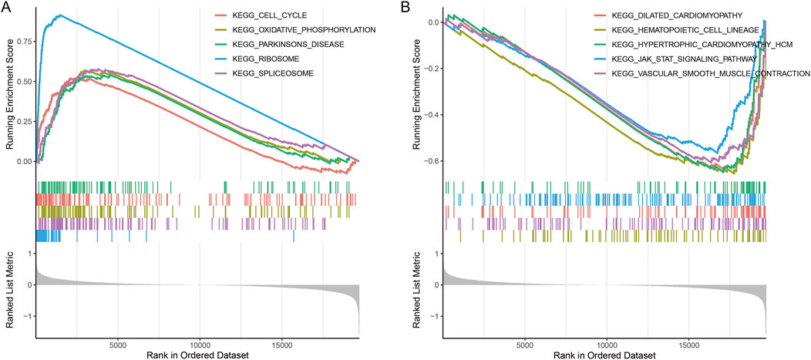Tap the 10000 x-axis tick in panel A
click(200, 342)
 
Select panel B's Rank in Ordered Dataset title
click(605, 354)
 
